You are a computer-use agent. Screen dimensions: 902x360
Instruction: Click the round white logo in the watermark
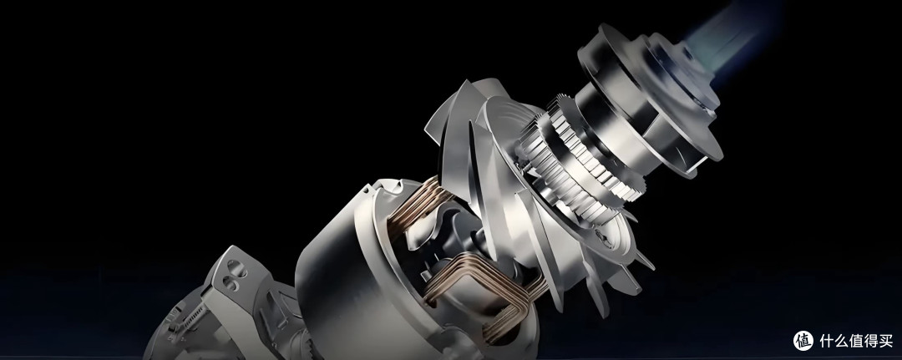coord(803,341)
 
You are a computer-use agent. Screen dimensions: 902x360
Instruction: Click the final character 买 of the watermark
coord(886,341)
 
